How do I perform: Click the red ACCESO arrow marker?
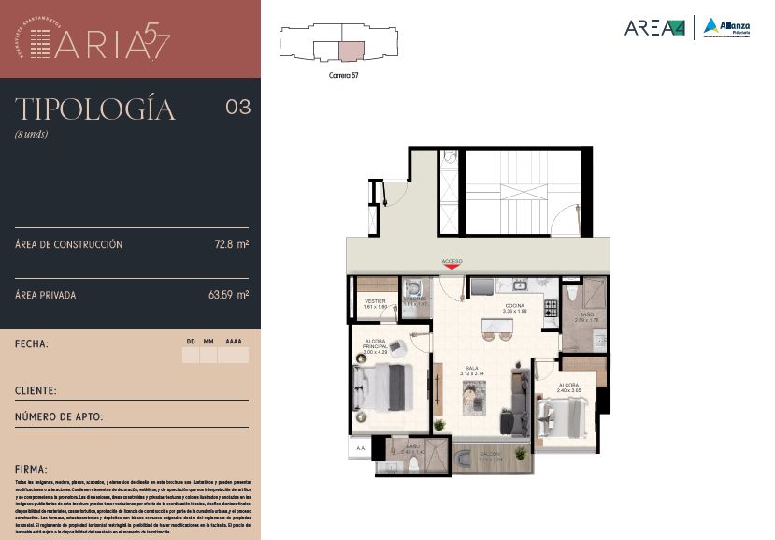click(452, 268)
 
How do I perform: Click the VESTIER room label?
click(375, 301)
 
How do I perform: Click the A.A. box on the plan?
click(360, 448)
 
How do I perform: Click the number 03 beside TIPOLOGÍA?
click(238, 107)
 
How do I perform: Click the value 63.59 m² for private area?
click(228, 295)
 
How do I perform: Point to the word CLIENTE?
click(36, 390)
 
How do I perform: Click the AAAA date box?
click(234, 356)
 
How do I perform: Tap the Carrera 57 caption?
click(345, 75)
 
